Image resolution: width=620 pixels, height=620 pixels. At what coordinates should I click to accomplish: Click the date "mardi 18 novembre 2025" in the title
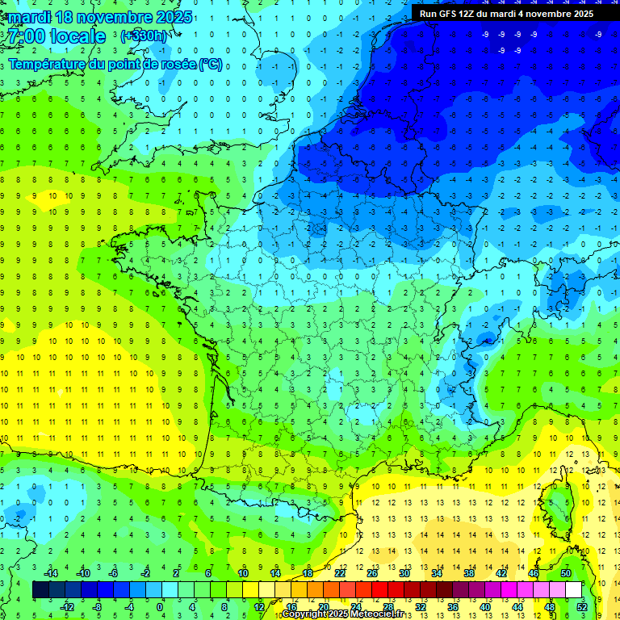[100, 17]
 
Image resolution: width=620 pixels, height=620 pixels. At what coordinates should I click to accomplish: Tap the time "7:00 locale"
[56, 36]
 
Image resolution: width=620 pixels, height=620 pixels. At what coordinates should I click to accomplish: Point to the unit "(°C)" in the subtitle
[211, 65]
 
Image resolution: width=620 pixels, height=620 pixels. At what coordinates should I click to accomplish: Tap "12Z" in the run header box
[474, 14]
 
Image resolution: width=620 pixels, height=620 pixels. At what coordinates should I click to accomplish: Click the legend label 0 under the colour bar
[160, 606]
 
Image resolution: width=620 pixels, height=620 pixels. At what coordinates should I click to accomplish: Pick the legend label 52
[582, 606]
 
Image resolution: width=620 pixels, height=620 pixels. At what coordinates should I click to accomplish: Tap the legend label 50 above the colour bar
[566, 573]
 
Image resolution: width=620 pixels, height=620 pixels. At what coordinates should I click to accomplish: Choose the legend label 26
[372, 573]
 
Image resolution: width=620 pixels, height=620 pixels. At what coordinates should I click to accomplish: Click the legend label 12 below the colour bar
[259, 606]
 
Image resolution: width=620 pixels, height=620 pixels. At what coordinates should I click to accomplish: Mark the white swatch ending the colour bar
[573, 590]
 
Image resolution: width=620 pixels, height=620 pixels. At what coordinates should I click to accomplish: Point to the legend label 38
[469, 573]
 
